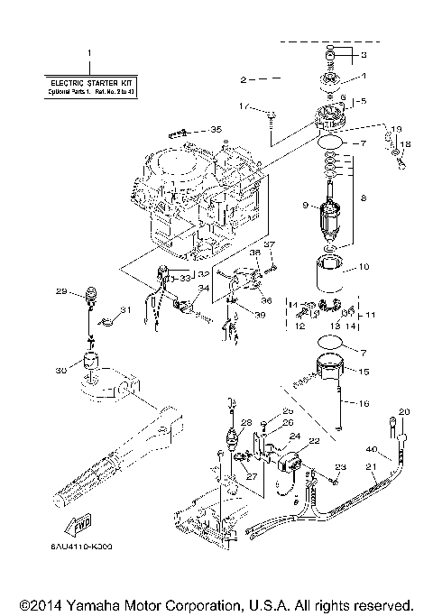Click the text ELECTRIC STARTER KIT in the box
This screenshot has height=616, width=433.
click(88, 84)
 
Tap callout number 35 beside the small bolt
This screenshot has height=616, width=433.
click(215, 130)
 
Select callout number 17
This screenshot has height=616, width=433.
click(243, 106)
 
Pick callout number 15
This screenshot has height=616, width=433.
click(364, 372)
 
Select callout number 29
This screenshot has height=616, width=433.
click(61, 291)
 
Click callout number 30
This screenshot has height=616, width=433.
click(60, 370)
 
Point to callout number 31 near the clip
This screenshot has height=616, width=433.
click(125, 311)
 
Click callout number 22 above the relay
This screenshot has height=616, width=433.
click(315, 441)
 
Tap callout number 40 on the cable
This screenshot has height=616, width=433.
click(370, 449)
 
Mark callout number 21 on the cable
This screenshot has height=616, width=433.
click(369, 466)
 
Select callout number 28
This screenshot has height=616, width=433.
click(245, 422)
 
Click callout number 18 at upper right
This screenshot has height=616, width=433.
click(406, 143)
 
